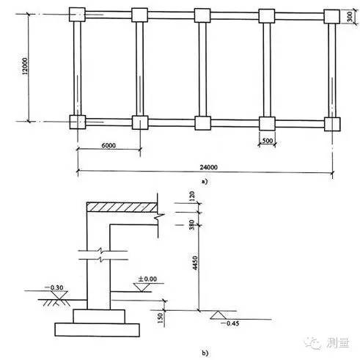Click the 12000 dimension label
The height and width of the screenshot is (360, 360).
click(x=25, y=66)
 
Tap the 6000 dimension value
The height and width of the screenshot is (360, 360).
click(x=109, y=146)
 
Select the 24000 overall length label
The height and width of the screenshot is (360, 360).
click(x=208, y=167)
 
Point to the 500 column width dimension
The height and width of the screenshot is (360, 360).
click(x=267, y=141)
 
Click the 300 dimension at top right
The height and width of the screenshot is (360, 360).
click(x=350, y=17)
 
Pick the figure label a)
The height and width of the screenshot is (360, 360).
click(x=205, y=181)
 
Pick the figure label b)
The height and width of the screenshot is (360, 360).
click(x=205, y=353)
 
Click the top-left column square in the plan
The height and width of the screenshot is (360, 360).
click(x=77, y=15)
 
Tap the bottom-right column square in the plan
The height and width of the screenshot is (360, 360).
click(x=332, y=124)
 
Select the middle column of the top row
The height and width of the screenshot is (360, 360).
click(x=202, y=15)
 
